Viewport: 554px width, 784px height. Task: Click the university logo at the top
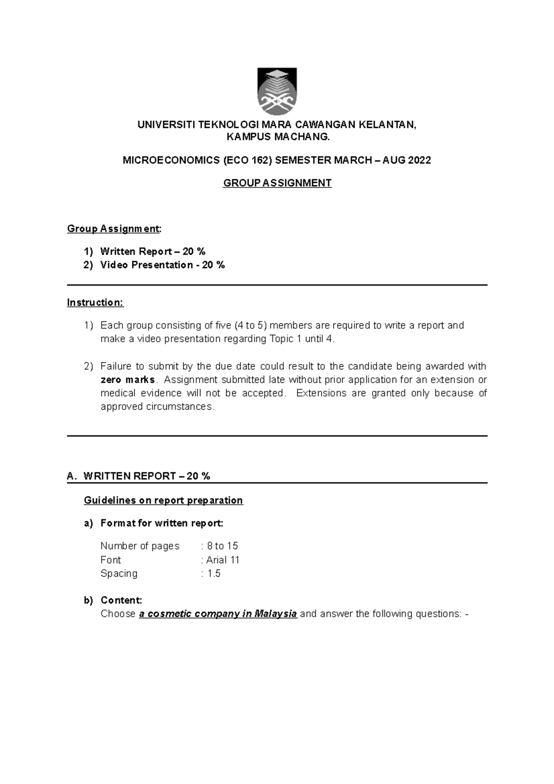[277, 91]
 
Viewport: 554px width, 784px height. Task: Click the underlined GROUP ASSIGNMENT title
[277, 183]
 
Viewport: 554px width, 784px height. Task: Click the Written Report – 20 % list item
[152, 252]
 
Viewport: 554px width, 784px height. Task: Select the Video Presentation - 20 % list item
[162, 265]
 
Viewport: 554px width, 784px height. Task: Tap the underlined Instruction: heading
[95, 303]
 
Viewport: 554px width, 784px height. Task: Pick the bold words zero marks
[128, 380]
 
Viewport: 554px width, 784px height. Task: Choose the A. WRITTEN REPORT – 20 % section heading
[138, 476]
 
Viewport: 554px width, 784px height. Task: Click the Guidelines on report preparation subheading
[163, 501]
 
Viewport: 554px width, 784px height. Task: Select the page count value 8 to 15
[223, 546]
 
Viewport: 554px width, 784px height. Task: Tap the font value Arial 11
[223, 560]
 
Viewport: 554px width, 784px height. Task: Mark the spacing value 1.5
[214, 573]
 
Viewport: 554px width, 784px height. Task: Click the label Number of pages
[140, 546]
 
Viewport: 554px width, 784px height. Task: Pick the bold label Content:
[121, 600]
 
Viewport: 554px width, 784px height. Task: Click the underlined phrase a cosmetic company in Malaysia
[217, 614]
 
